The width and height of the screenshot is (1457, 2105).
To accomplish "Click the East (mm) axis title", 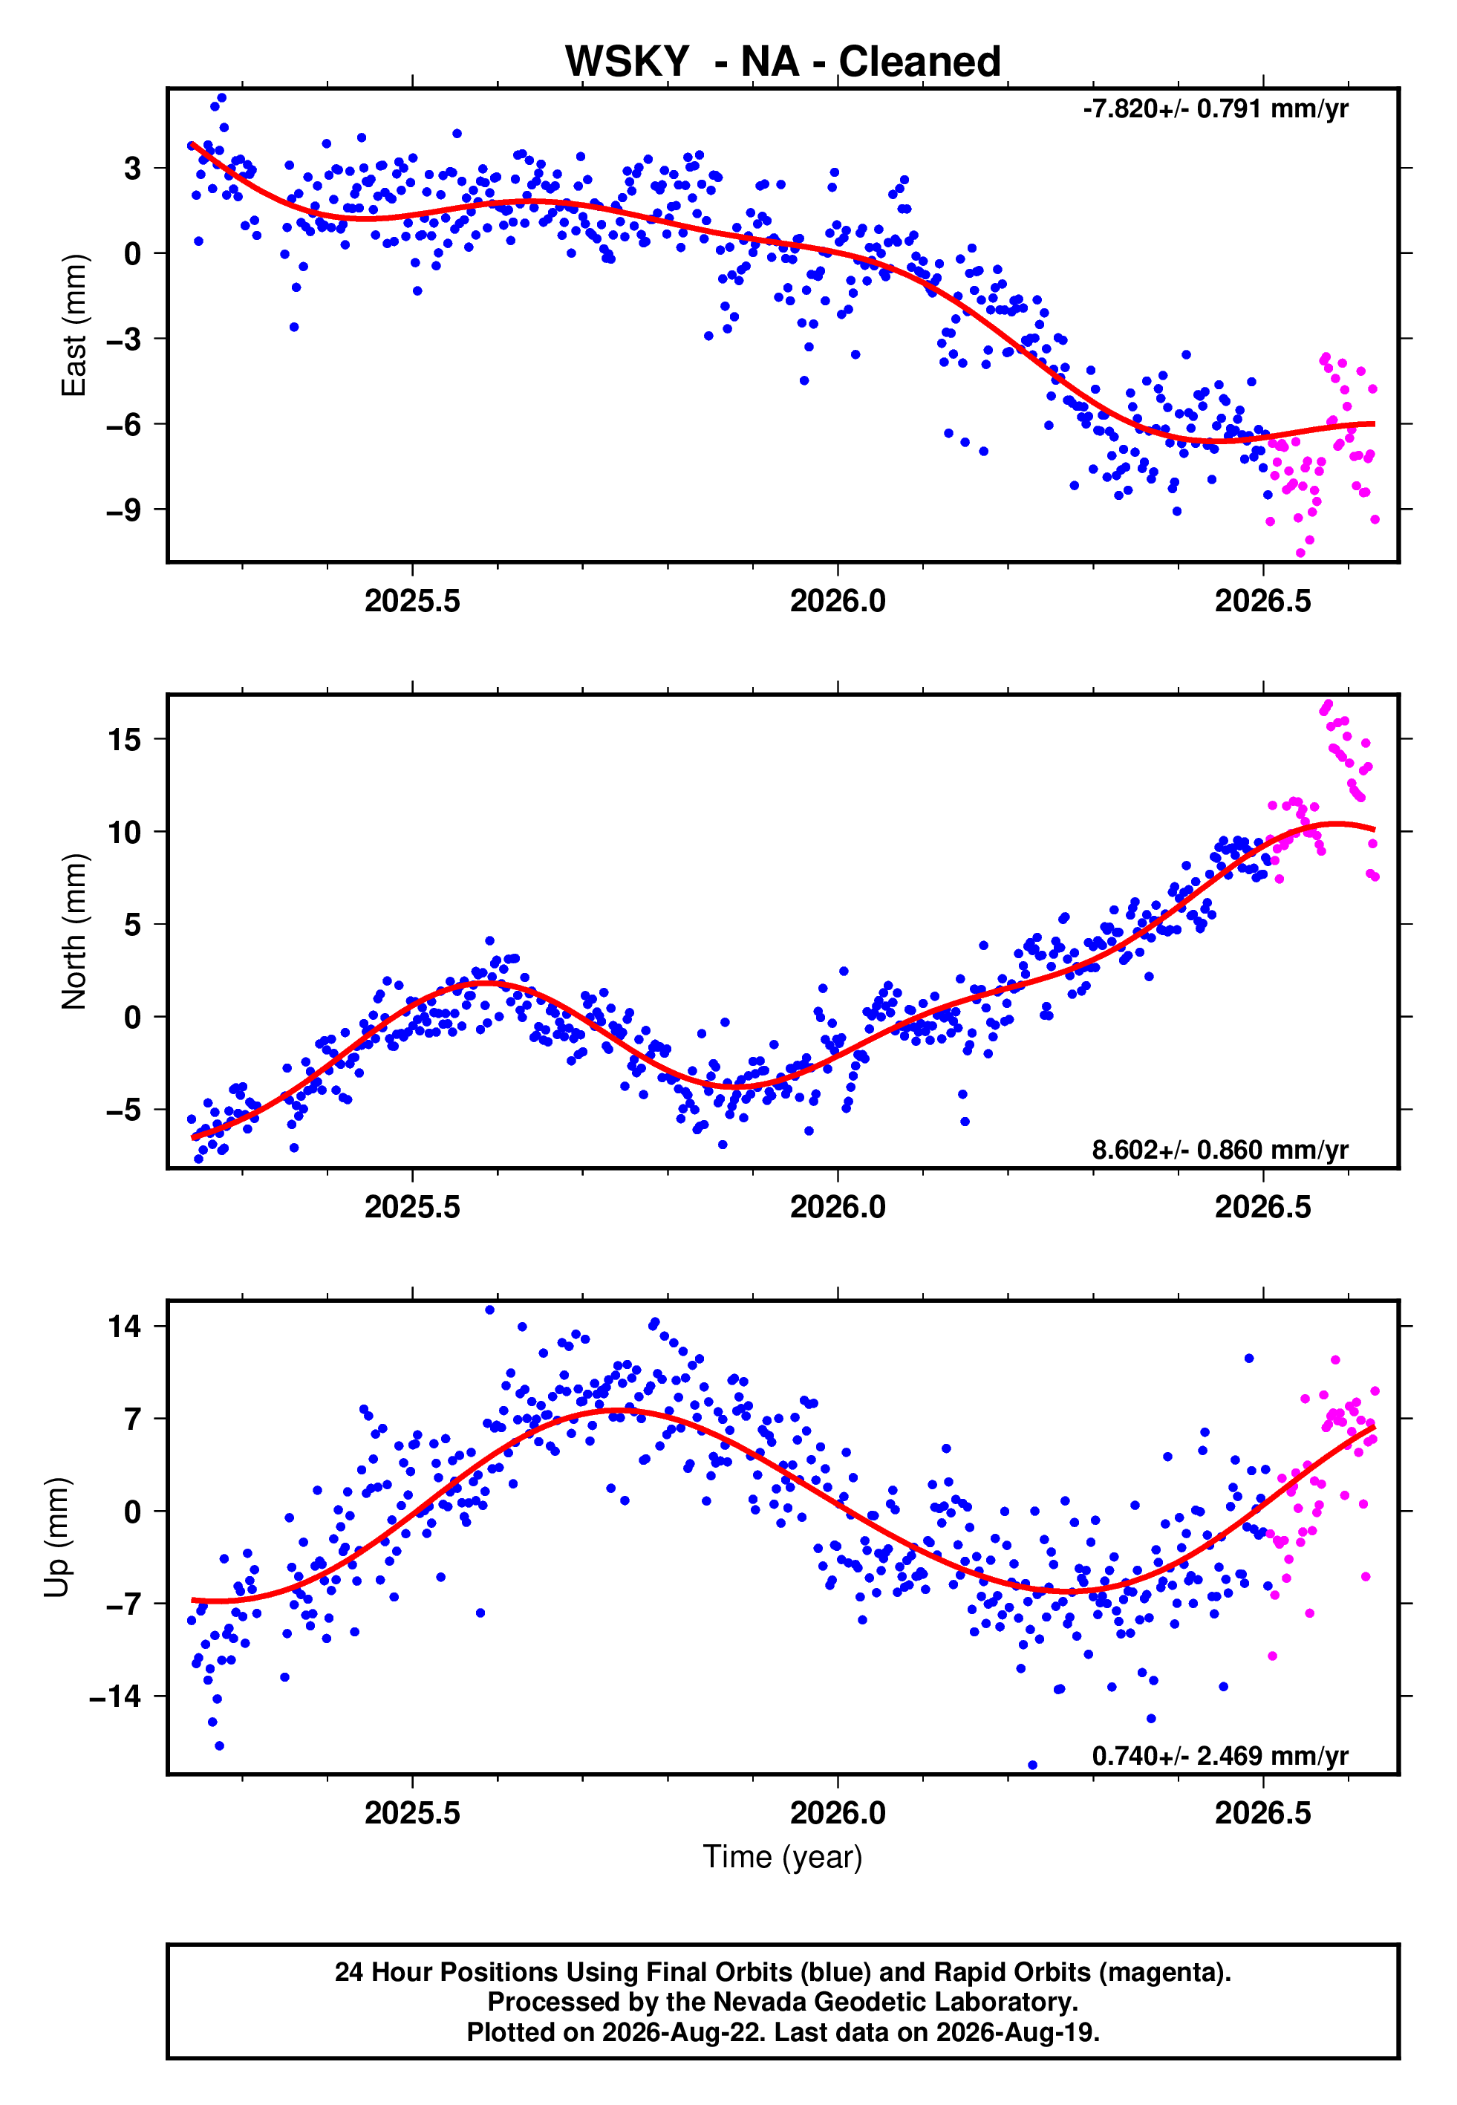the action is (74, 325).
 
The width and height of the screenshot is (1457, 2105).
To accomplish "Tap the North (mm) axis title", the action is (74, 931).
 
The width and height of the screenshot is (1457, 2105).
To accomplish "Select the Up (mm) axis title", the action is (56, 1538).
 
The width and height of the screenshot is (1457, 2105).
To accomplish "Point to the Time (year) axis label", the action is (783, 1858).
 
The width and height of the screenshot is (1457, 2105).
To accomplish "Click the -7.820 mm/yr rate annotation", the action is (1215, 109).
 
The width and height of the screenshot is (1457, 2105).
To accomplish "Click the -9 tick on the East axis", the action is (124, 510).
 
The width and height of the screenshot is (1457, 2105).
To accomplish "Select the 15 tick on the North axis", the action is (124, 739).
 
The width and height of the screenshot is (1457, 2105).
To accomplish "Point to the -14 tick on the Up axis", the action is (116, 1696).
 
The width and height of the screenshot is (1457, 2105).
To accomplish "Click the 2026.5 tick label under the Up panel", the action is (1262, 1813).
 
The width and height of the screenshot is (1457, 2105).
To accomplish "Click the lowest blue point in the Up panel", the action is (1032, 1766).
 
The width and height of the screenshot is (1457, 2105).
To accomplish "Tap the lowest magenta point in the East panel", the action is (1301, 553).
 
